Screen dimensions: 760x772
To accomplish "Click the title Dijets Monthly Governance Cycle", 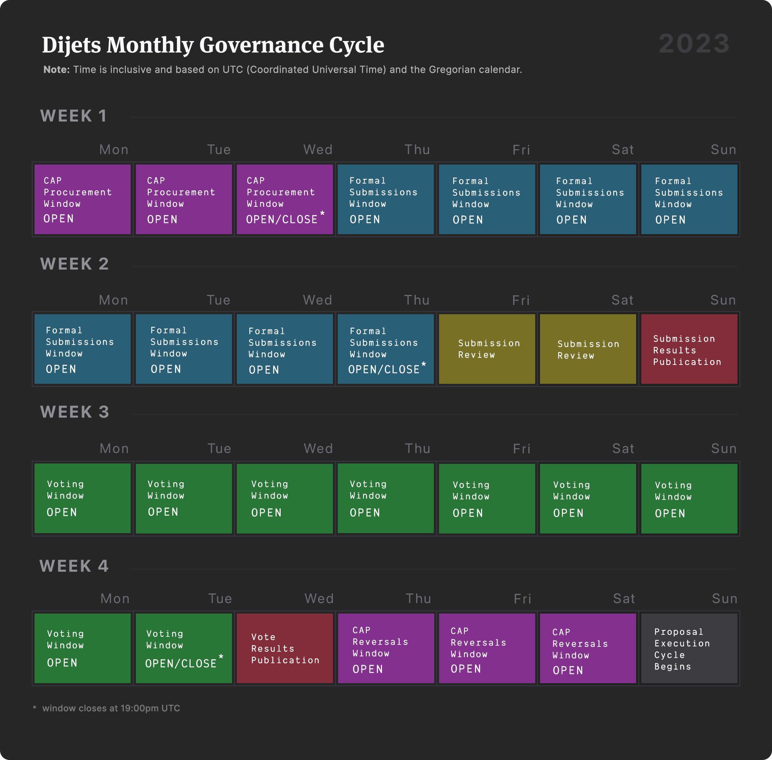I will coord(213,45).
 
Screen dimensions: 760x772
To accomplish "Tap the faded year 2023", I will coord(694,43).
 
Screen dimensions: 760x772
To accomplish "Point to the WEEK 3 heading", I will coord(74,412).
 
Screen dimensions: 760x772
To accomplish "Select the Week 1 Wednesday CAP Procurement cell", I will coord(285,199).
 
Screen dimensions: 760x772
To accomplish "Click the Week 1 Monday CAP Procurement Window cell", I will coord(82,199).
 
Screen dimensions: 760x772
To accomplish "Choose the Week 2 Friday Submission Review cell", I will coord(487,349).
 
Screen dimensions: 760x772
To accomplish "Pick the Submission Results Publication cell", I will coord(689,349).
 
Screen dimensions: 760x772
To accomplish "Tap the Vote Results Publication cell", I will coord(285,648).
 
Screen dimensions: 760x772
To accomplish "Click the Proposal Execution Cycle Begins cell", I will coord(689,648).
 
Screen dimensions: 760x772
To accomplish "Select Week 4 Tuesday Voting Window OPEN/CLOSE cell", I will coord(184,648).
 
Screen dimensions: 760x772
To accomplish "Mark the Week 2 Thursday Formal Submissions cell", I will coord(386,349).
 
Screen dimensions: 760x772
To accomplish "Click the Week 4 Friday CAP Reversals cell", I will coord(487,648).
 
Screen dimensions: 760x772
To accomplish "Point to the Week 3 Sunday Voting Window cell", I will coord(689,498).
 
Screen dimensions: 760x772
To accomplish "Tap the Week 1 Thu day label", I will coord(417,150).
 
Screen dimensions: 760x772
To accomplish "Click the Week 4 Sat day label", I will coord(624,599).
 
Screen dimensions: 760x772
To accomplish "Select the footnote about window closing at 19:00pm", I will coord(111,708).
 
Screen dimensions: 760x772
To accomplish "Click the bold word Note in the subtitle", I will coord(56,70).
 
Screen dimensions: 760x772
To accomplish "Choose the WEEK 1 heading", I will coord(74,116).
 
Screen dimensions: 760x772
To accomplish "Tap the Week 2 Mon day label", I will coord(113,300).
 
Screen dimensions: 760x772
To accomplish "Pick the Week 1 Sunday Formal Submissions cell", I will coord(689,199).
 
